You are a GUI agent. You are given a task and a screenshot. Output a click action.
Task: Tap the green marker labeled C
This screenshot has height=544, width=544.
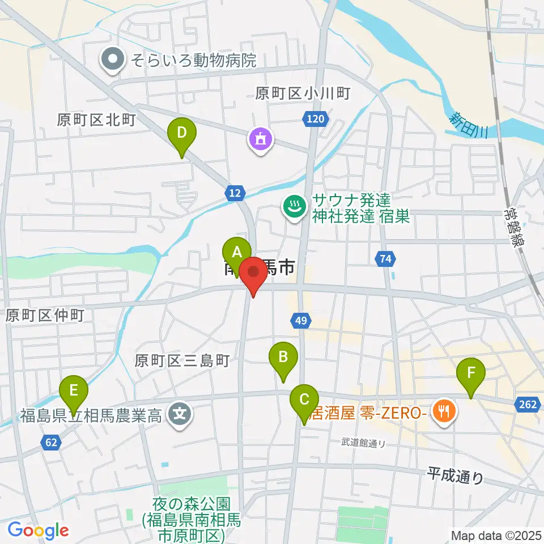304,400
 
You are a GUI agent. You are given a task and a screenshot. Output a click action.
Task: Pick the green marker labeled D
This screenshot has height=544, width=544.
181,134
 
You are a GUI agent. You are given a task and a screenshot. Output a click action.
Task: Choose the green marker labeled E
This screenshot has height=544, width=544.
74,392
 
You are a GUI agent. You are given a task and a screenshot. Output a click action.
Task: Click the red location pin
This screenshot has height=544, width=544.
253,273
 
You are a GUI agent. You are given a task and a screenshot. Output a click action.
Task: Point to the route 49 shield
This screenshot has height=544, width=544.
301,321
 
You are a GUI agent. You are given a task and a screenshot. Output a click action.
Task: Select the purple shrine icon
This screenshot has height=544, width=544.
261,138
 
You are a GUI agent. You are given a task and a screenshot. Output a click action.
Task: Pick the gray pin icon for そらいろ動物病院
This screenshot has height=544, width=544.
113,60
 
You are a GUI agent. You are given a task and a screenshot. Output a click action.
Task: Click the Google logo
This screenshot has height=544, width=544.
38,530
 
